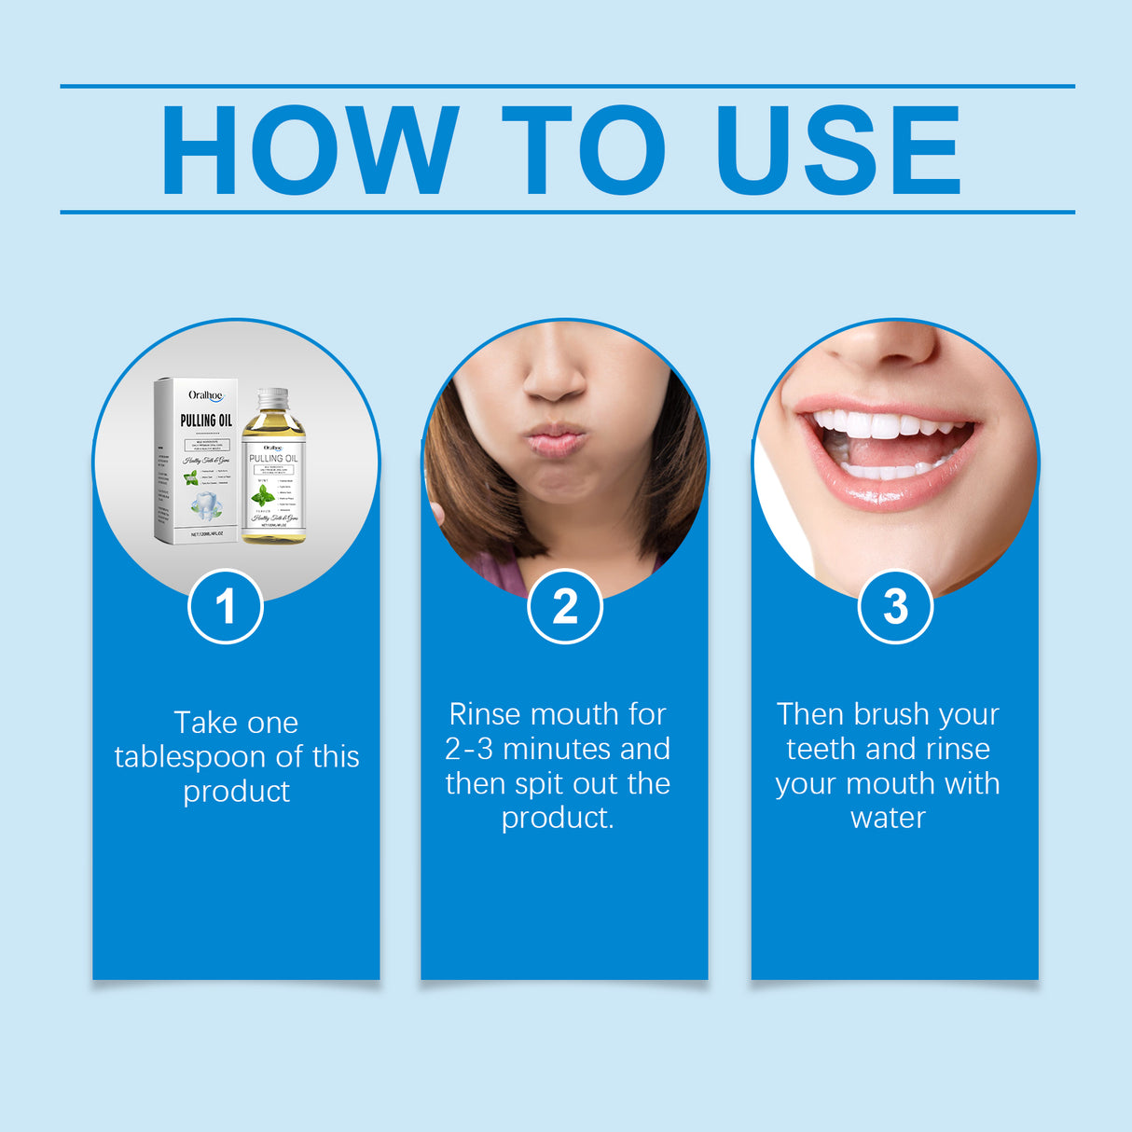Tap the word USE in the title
point(837,150)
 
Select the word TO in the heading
point(584,150)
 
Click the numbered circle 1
point(226,607)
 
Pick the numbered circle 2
point(565,607)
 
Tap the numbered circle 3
point(895,607)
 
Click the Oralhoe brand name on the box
point(205,395)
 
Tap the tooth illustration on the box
point(206,507)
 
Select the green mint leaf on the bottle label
point(263,494)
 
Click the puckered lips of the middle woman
point(556,439)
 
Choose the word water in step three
point(888,818)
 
